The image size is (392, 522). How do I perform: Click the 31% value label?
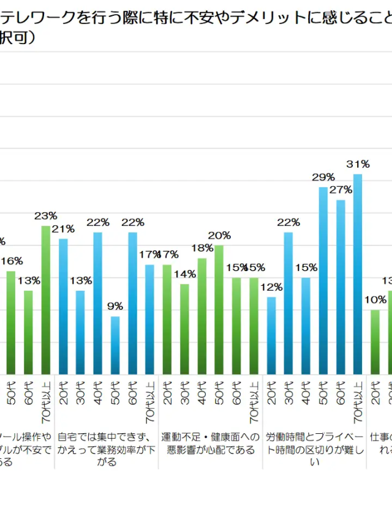click(x=358, y=164)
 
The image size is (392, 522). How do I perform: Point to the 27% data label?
click(x=341, y=190)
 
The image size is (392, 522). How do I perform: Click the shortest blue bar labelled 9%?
click(x=116, y=345)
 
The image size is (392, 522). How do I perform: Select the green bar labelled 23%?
click(x=46, y=300)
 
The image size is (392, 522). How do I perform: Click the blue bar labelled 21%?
click(x=63, y=306)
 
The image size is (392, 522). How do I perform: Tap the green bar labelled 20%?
click(x=219, y=310)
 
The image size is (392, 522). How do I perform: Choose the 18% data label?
click(x=202, y=248)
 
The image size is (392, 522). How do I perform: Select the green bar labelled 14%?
click(x=184, y=329)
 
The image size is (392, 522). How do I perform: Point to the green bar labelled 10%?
click(x=375, y=342)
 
